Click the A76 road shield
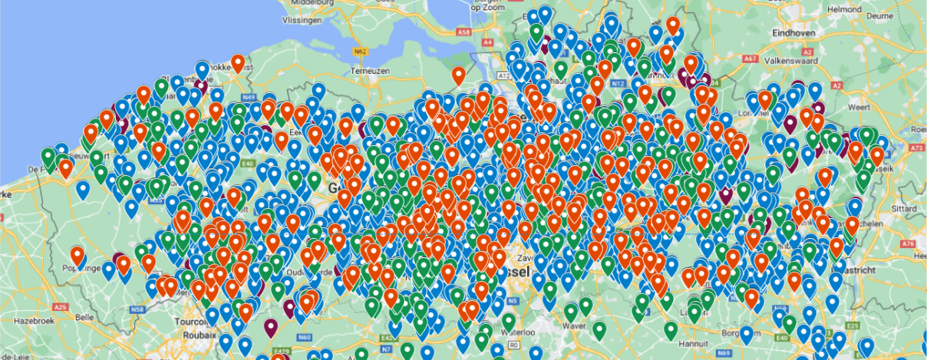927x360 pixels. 910,243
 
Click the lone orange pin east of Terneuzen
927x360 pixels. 459,75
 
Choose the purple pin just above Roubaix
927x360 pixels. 270,326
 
